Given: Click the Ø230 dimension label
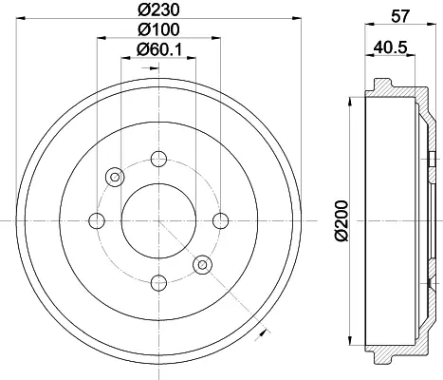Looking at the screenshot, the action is (x=158, y=9).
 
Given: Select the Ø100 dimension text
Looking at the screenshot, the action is (x=158, y=29).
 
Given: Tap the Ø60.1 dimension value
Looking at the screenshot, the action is (x=159, y=49).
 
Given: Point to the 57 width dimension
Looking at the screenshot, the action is (x=400, y=16).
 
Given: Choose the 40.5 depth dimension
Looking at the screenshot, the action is (x=390, y=47).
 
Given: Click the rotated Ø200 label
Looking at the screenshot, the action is (x=341, y=220).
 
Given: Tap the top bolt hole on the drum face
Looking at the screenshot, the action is (x=158, y=159).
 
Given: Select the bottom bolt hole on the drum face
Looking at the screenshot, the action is (x=158, y=283).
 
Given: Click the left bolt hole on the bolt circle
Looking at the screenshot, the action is (x=97, y=220).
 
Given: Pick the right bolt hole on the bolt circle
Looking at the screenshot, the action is (x=221, y=220).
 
